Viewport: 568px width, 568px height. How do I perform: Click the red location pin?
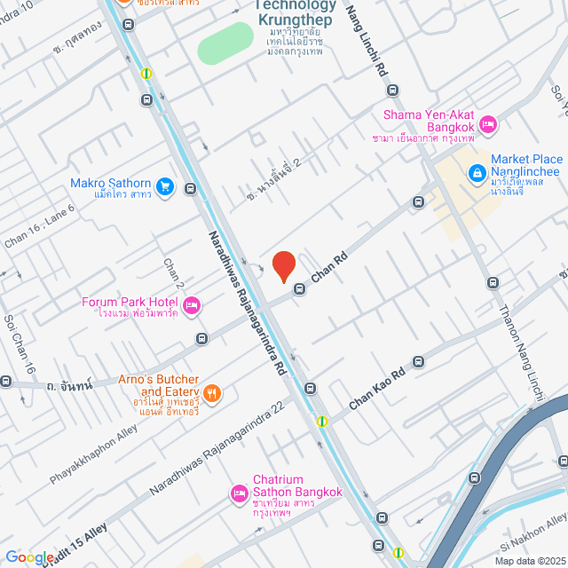[x=283, y=266]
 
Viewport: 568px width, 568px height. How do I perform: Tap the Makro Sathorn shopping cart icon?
[x=164, y=186]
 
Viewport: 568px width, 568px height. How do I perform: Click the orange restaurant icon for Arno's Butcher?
[x=211, y=392]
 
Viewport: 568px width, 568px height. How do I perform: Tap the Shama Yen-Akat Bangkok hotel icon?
[x=486, y=124]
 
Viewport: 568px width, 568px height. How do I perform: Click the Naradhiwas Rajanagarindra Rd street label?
[x=247, y=301]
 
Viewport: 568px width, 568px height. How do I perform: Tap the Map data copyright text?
[x=529, y=561]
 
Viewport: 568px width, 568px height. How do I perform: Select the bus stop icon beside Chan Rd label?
[x=300, y=288]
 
